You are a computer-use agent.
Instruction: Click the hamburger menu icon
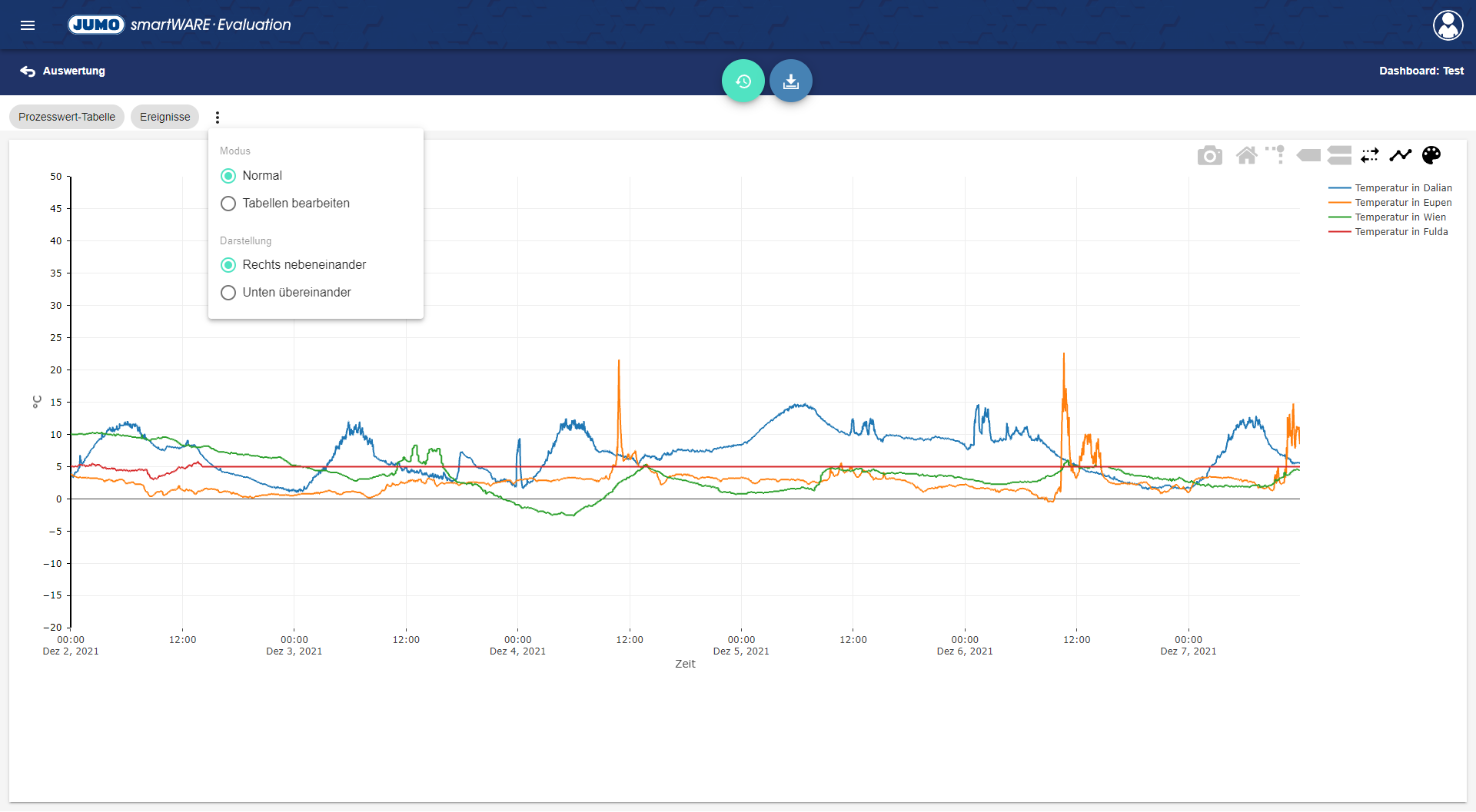coord(28,25)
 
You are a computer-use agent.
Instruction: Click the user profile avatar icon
coord(1448,25)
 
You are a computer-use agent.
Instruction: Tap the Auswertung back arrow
coord(28,71)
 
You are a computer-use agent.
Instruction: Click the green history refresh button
coord(743,81)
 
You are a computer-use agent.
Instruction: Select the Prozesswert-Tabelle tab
coord(67,117)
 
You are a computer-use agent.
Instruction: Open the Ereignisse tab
coord(165,117)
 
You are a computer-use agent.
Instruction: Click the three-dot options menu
coord(218,118)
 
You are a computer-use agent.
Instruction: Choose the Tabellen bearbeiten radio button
coord(228,204)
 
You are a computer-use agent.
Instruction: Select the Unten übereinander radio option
coord(228,293)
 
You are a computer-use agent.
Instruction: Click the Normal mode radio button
coord(228,176)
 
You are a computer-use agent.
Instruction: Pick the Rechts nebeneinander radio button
coord(228,265)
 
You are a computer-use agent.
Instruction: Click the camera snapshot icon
coord(1209,156)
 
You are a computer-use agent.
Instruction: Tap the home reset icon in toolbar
coord(1246,156)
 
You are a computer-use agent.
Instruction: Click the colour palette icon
coord(1431,156)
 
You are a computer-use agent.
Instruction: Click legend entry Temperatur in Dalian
coord(1403,188)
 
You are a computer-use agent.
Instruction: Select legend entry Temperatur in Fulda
coord(1401,232)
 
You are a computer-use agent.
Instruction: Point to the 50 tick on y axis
coord(56,177)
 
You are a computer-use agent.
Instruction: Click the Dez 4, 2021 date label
coord(517,651)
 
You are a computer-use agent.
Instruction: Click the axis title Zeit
coord(685,665)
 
